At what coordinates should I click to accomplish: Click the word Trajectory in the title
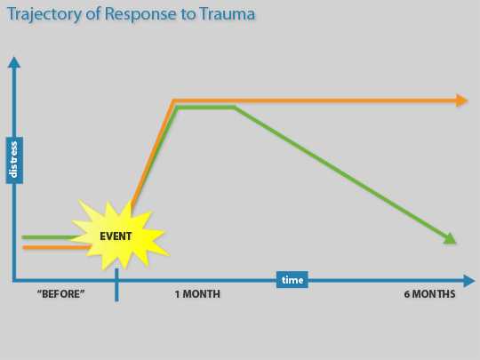point(44,15)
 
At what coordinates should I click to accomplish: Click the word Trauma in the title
point(227,14)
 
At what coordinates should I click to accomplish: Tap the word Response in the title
point(140,15)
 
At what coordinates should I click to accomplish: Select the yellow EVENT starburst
point(119,235)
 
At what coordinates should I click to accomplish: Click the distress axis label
point(14,160)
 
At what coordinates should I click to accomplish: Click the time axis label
point(292,279)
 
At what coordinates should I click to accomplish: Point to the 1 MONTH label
point(197,294)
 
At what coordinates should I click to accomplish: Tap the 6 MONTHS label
point(429,294)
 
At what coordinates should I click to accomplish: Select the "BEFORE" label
point(60,294)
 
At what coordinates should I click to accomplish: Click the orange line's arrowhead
point(461,100)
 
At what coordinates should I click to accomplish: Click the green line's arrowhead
point(451,239)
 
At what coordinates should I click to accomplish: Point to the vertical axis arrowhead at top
point(14,62)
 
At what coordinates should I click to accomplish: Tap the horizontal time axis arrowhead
point(469,281)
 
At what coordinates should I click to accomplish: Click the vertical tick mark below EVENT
point(116,285)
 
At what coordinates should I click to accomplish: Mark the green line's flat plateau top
point(205,108)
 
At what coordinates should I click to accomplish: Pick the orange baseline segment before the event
point(57,247)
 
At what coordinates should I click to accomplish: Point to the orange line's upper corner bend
point(173,100)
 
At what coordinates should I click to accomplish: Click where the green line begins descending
point(235,108)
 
